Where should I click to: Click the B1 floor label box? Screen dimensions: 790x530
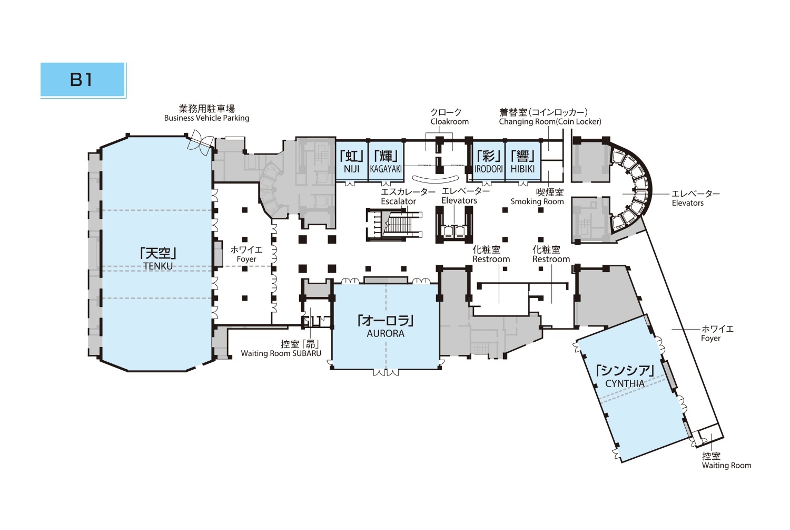pyautogui.click(x=83, y=80)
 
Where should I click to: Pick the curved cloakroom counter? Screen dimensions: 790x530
pyautogui.click(x=436, y=179)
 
